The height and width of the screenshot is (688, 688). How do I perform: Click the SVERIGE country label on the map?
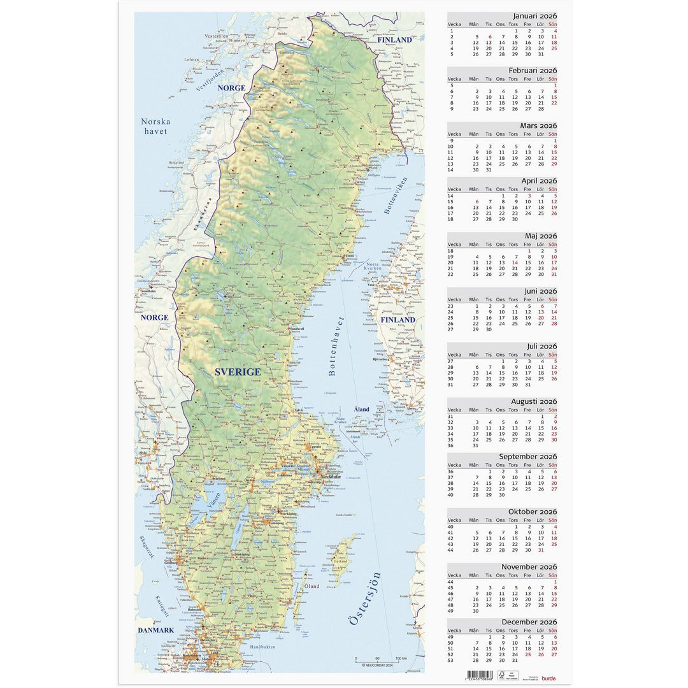tap(237, 371)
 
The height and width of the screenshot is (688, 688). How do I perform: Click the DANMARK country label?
tap(156, 630)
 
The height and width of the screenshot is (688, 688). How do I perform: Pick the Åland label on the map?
tap(361, 409)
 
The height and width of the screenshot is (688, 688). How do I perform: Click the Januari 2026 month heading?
tap(534, 16)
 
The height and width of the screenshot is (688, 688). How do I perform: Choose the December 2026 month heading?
tap(529, 622)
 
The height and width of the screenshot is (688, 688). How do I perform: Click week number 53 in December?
tap(451, 660)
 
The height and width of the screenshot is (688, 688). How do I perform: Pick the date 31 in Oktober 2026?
tap(541, 549)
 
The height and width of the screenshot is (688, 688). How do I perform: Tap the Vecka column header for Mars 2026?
tap(454, 134)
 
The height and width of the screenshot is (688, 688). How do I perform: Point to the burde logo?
tap(548, 678)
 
